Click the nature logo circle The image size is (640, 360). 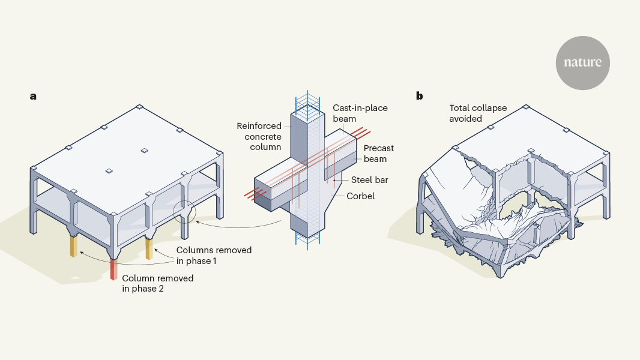tap(582, 62)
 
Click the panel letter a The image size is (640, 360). tap(34, 96)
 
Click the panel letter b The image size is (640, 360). tap(419, 96)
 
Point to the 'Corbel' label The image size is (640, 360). tap(360, 196)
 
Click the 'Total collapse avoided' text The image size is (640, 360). tap(478, 113)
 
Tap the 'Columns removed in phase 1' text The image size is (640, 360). tap(214, 254)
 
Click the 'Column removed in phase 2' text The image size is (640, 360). tap(158, 283)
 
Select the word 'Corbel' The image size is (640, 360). tap(360, 196)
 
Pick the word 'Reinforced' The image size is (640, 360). tap(259, 126)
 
